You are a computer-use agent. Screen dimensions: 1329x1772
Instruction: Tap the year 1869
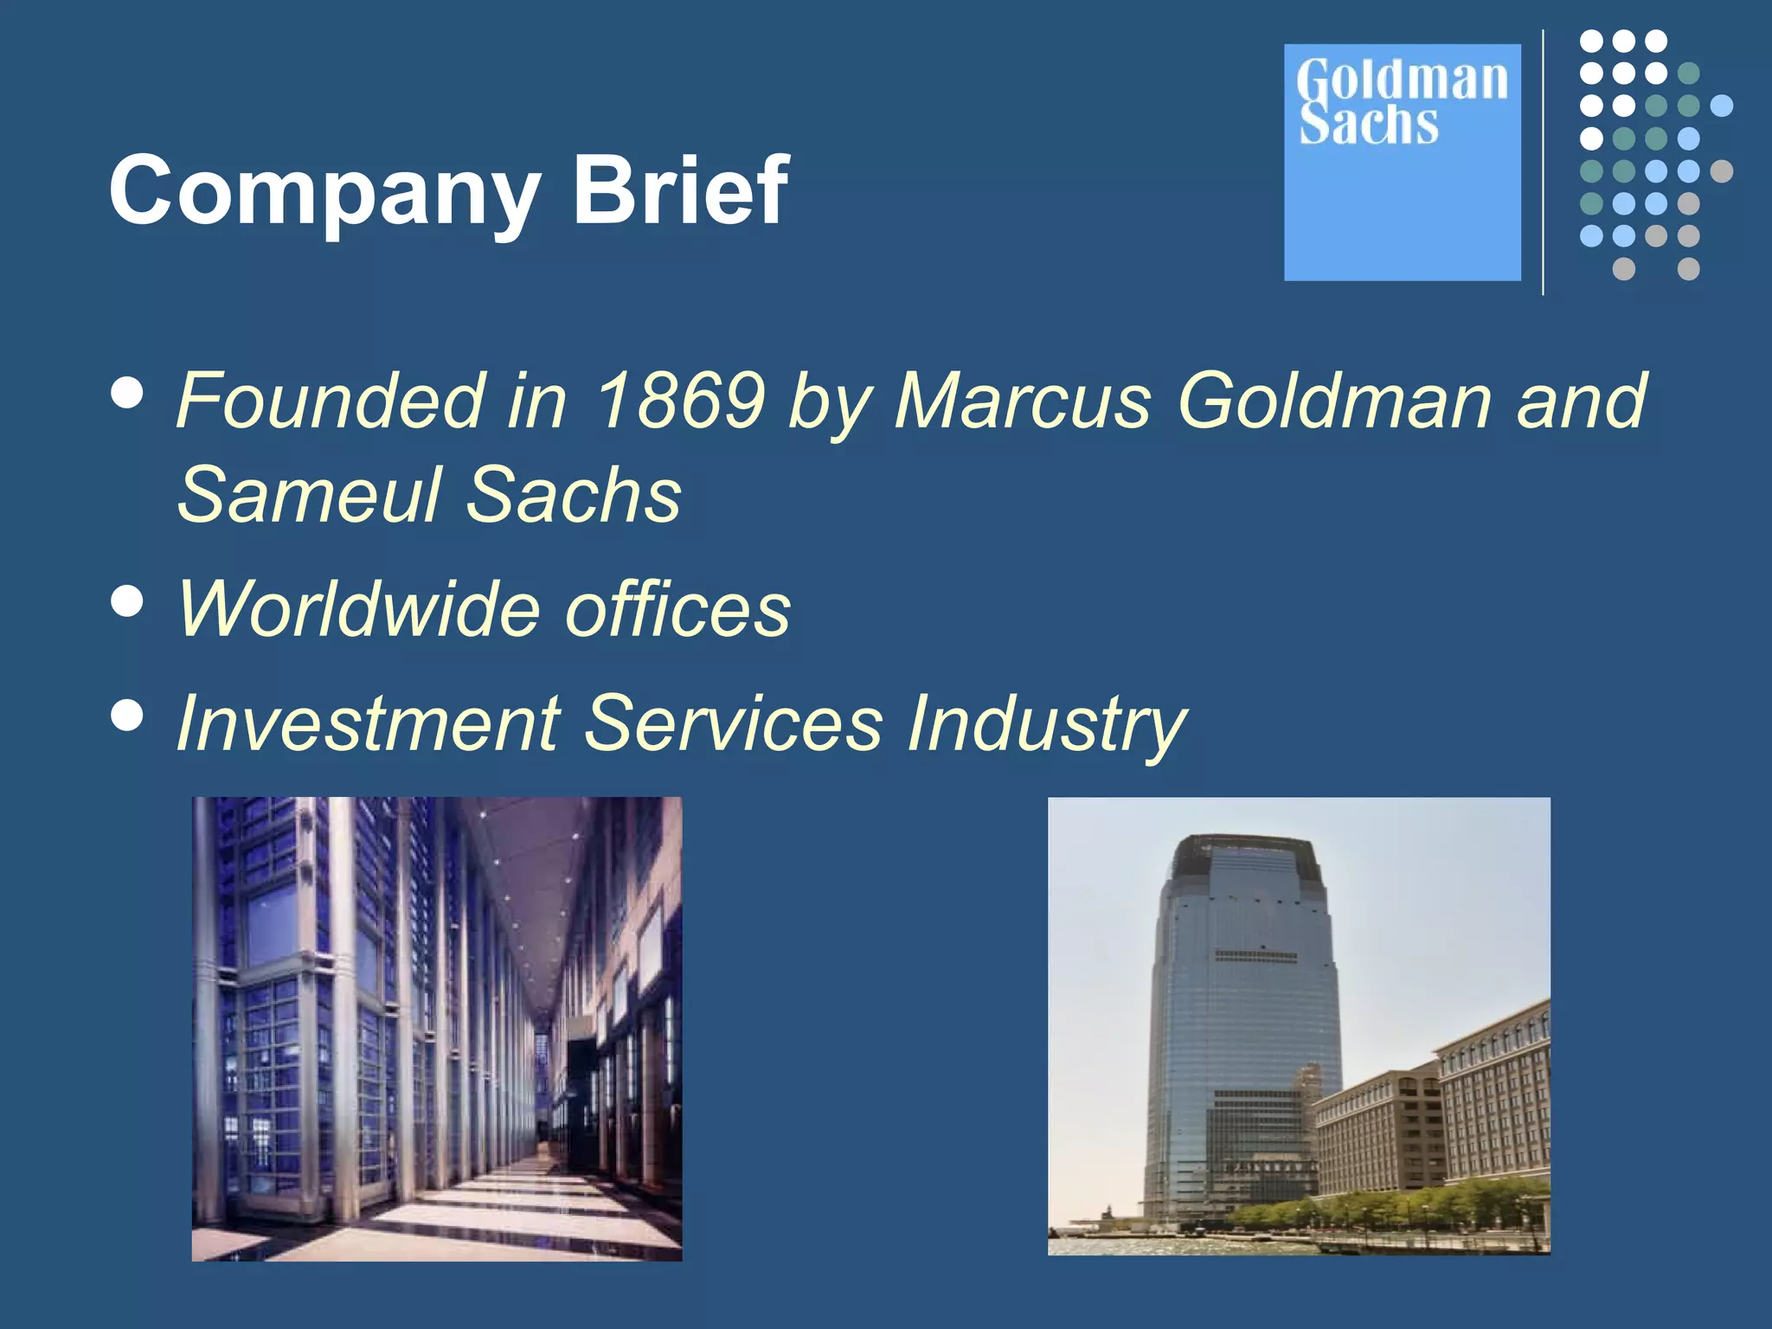681,400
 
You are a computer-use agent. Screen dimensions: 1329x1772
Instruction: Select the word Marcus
1022,400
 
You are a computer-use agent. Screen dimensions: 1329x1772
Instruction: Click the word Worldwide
358,609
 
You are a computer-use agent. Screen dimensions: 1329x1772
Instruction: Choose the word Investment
369,723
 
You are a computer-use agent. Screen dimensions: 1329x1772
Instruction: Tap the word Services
734,723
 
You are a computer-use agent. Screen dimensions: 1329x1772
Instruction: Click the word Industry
1046,725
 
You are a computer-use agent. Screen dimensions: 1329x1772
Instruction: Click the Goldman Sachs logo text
1401,102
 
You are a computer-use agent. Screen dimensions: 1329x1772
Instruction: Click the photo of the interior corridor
437,1029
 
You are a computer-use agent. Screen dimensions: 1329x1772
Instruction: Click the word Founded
329,400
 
